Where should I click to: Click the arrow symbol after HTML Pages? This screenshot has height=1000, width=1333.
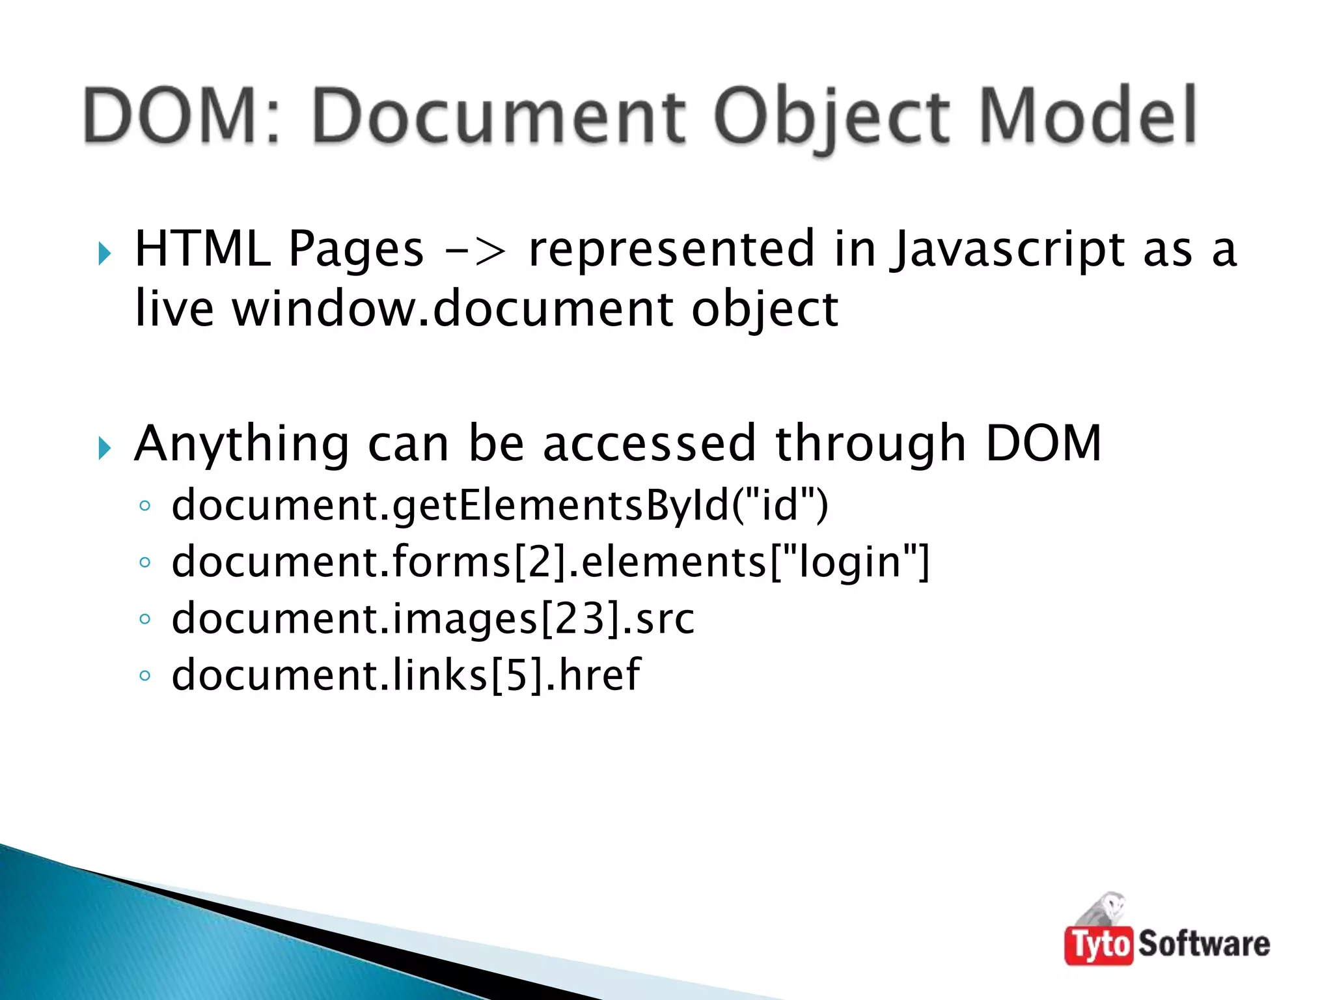476,250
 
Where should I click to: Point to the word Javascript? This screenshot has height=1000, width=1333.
1008,250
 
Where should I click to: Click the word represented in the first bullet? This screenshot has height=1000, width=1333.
671,249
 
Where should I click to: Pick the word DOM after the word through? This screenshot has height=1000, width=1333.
1043,443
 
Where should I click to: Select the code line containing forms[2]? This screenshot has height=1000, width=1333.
550,562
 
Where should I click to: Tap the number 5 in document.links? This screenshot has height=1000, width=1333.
515,675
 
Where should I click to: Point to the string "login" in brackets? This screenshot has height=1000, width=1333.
849,562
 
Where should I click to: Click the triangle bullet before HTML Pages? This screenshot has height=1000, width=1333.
104,253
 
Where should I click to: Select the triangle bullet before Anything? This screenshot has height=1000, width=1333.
104,447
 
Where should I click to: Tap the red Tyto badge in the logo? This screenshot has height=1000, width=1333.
1098,944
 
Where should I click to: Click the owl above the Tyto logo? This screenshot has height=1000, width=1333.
1106,908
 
